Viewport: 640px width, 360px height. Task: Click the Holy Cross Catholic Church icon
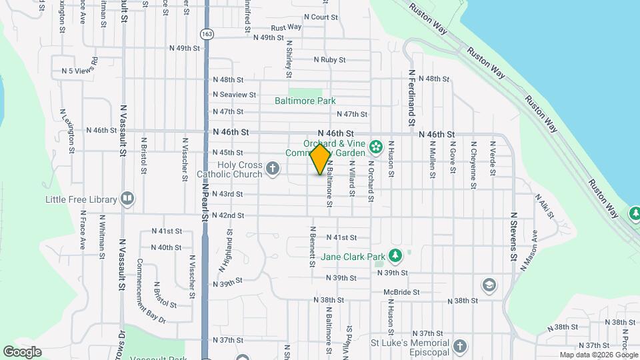(272, 169)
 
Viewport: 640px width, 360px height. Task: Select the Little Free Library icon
(127, 199)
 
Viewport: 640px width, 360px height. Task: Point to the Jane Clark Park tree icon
(395, 256)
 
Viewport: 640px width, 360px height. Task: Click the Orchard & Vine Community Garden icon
(375, 146)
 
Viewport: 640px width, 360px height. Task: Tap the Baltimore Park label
(305, 101)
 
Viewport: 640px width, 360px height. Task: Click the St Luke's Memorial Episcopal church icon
(459, 346)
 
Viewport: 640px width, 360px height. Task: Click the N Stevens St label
(513, 237)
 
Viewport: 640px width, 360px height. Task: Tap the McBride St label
(401, 292)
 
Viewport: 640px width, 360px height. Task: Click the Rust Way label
(286, 27)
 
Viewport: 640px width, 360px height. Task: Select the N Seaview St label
(234, 95)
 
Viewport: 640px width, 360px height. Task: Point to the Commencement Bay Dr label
(151, 290)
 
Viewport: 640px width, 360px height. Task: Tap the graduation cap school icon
(489, 285)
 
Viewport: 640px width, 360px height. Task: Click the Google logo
(22, 351)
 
